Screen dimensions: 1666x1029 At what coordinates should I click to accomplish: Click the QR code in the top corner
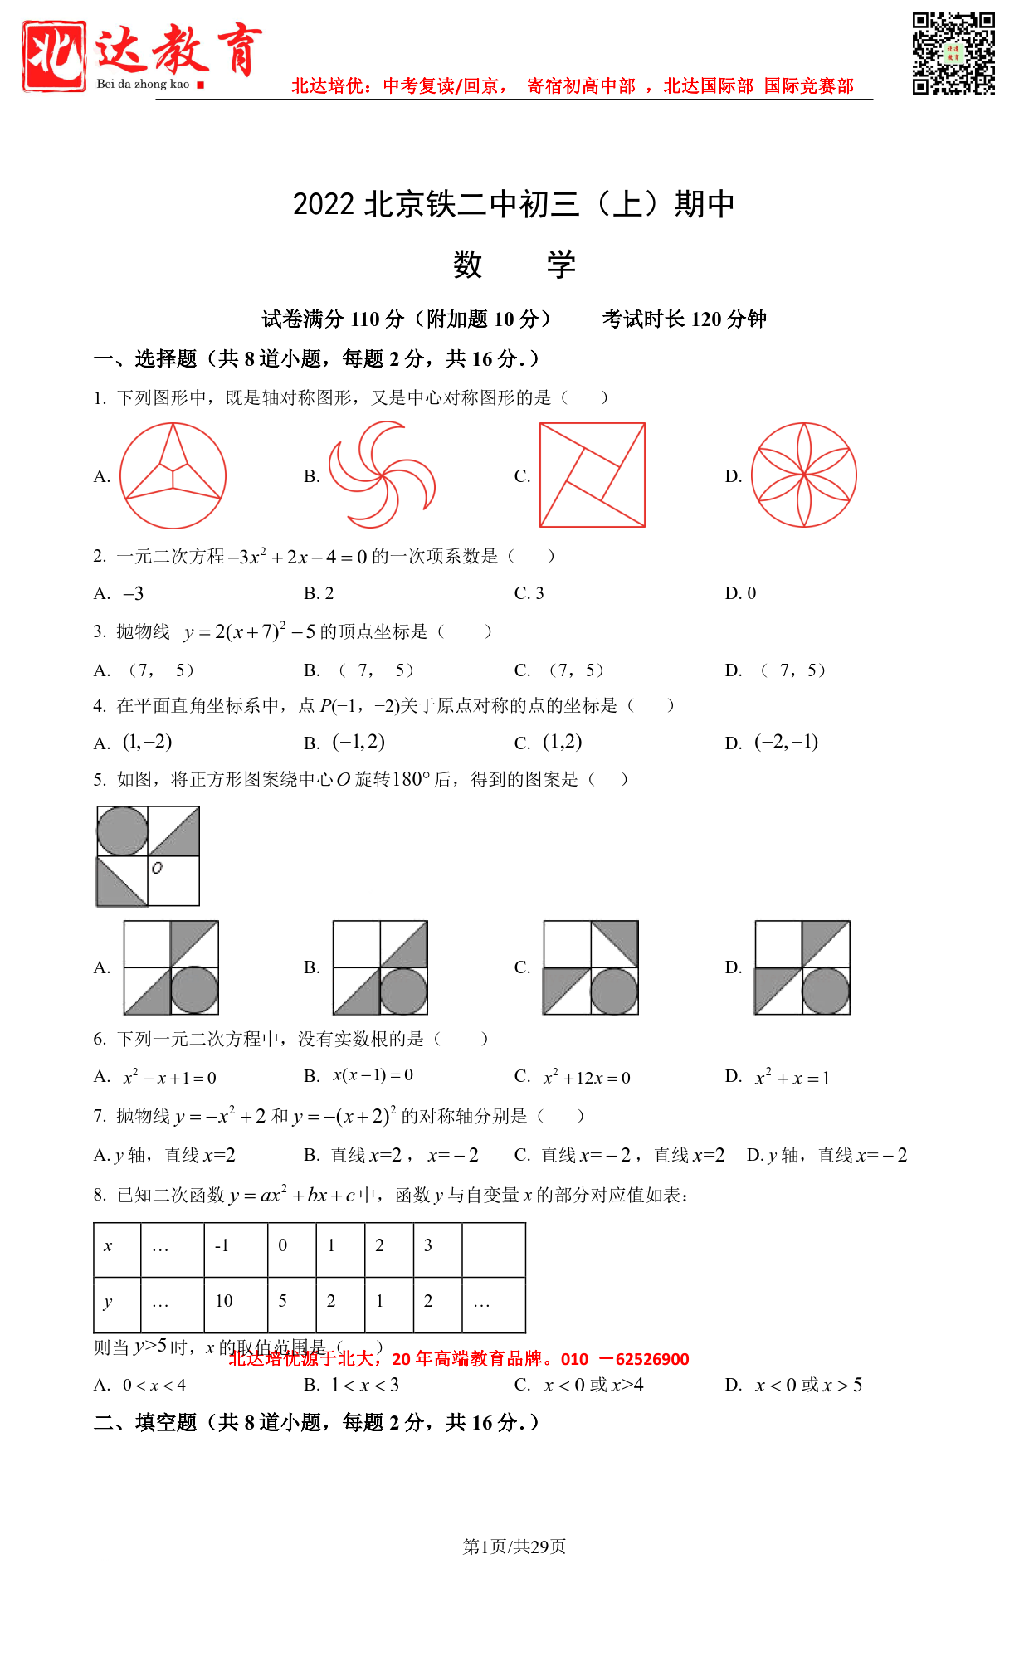953,54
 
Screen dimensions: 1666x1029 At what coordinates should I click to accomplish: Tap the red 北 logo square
55,56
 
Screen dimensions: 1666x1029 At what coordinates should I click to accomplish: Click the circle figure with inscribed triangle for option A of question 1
173,475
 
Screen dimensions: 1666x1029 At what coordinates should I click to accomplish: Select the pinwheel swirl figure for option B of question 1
383,475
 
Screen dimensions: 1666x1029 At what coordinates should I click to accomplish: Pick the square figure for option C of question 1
593,475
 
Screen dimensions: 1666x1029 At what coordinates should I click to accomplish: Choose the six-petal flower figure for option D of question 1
803,475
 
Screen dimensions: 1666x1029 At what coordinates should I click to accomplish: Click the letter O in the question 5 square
157,868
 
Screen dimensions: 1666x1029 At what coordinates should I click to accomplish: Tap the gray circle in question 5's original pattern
123,831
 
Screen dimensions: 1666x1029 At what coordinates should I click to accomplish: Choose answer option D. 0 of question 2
740,593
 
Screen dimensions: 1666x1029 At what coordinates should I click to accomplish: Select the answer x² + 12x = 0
587,1078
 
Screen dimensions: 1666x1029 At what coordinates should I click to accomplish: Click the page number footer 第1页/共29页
514,1546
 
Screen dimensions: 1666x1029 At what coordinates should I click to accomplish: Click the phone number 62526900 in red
652,1359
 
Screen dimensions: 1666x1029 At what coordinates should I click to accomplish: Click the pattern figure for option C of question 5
591,967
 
